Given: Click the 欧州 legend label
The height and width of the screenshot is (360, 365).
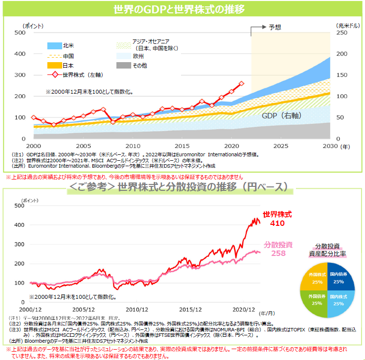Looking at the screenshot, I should (138, 56).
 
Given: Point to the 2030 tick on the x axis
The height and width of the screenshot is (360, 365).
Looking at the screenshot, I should (330, 146).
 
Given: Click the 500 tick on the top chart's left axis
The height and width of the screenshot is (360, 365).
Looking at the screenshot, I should (20, 33).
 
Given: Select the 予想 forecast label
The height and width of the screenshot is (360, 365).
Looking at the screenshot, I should (275, 28).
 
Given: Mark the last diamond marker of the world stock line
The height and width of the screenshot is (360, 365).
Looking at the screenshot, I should (241, 84).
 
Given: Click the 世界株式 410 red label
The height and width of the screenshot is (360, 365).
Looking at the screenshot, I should (278, 219).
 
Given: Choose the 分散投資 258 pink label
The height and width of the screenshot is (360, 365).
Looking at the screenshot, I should (278, 249).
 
